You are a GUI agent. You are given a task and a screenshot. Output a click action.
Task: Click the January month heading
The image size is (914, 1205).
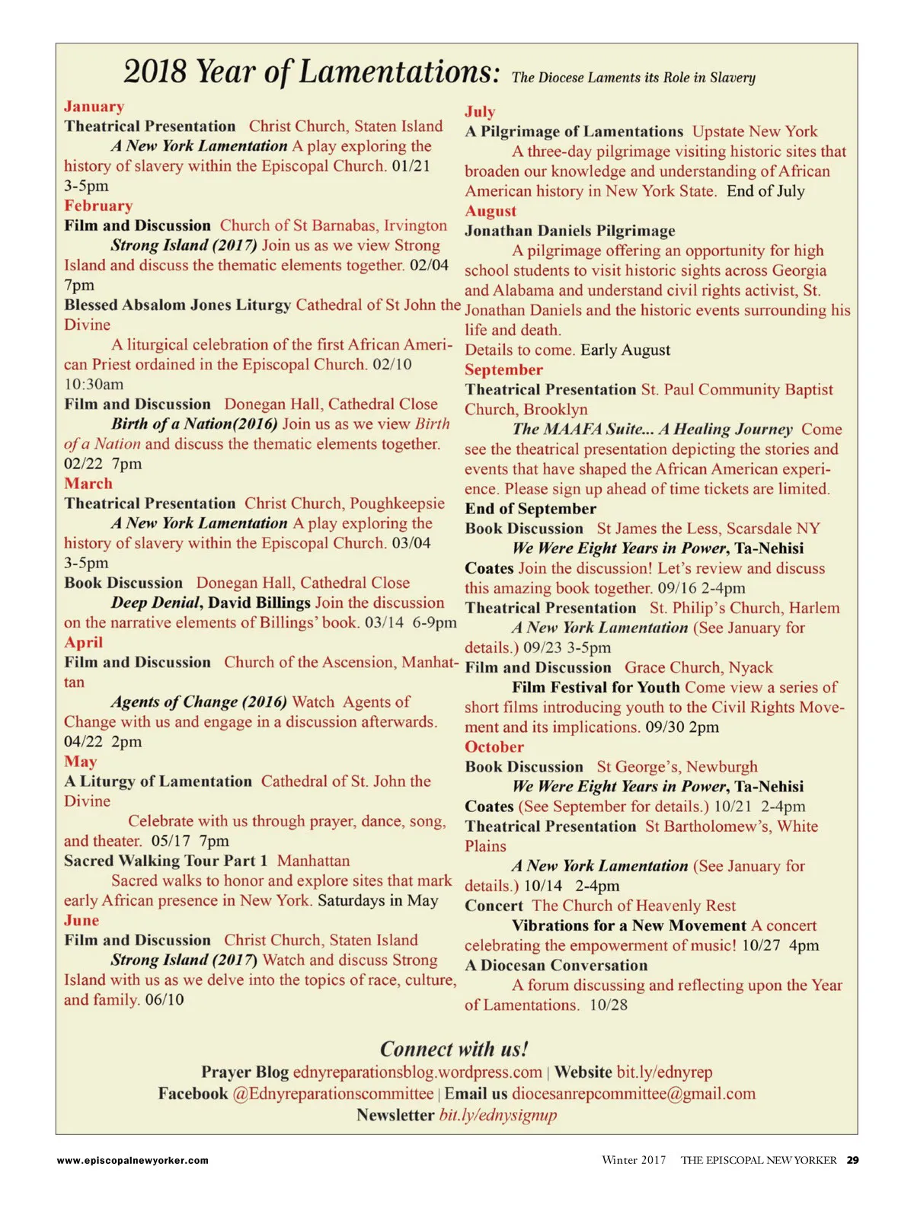point(94,107)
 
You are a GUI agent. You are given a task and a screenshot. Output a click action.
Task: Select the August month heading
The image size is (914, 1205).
point(491,211)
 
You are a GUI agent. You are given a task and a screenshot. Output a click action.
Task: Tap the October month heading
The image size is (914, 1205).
point(494,747)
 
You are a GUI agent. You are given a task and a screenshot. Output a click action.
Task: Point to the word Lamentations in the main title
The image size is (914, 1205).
point(398,72)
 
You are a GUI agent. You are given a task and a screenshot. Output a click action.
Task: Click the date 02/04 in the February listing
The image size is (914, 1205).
point(429,265)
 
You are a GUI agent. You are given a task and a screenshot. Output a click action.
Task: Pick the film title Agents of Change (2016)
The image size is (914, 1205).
point(199,702)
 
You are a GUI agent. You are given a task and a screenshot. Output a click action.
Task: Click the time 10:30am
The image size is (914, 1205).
point(94,384)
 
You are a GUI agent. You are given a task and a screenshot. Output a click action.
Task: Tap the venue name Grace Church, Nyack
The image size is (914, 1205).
point(698,668)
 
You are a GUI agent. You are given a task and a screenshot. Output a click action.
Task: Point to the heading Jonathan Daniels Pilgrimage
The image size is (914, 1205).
point(570,231)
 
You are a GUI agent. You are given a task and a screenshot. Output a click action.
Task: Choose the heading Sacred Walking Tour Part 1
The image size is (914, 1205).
point(165,861)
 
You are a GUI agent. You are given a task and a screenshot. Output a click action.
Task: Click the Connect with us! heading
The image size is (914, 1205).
point(454,1049)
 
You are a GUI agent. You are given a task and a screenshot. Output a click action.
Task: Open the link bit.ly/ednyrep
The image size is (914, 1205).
point(664,1072)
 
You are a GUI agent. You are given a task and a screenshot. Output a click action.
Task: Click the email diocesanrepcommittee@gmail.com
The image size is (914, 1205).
point(634,1094)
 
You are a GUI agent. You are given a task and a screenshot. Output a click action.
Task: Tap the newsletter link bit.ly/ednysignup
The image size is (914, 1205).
point(498,1115)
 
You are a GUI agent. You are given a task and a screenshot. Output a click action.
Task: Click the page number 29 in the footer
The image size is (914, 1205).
point(852,1160)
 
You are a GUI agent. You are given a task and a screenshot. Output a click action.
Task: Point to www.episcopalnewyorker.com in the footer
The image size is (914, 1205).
point(133,1161)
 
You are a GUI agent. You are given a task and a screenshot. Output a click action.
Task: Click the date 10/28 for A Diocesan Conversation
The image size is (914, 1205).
point(609,1005)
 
